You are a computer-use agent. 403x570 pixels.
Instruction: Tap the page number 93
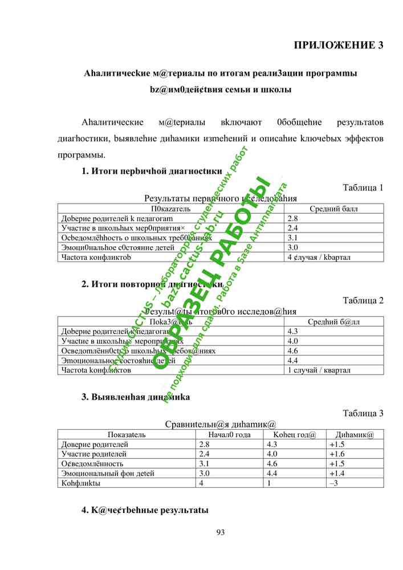221,532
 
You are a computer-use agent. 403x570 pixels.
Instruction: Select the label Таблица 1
363,188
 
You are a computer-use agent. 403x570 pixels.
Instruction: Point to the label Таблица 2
363,300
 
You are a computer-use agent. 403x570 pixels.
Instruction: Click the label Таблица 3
363,413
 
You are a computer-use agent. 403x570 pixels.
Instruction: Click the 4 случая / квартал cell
319,257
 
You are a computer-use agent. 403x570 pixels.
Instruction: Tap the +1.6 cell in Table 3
337,454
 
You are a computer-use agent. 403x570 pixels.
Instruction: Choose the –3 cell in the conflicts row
335,483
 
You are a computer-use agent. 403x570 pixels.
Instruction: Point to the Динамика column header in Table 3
355,435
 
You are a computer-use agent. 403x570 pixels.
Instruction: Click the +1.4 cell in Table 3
337,473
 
